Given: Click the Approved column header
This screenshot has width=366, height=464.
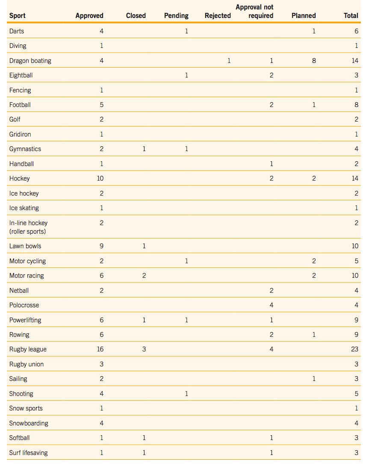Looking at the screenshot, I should [x=89, y=15].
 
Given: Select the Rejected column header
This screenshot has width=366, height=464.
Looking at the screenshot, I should [x=218, y=15].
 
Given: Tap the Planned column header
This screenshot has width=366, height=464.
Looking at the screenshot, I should [x=304, y=15].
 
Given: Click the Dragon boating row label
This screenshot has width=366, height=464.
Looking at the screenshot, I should [x=30, y=61].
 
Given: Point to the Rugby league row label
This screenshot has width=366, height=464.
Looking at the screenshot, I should [x=28, y=349].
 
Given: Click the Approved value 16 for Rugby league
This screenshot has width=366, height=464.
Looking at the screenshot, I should [x=100, y=349].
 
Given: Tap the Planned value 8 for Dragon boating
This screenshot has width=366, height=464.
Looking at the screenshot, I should [x=314, y=61].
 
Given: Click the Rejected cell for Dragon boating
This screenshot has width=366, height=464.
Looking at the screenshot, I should [x=229, y=61].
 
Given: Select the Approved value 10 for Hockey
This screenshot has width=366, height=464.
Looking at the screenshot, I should [x=100, y=178].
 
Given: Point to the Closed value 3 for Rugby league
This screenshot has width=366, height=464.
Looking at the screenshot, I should [x=144, y=349].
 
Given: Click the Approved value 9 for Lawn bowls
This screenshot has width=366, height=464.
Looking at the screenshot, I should [x=101, y=246].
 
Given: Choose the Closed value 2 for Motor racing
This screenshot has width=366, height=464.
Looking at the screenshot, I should [x=144, y=276].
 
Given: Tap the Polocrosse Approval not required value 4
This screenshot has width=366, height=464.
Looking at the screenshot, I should [x=272, y=305].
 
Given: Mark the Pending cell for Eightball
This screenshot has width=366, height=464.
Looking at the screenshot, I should [x=186, y=75].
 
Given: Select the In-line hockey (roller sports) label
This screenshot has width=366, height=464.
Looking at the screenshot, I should [x=28, y=227].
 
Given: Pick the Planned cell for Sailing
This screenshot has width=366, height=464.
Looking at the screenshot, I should [x=314, y=379].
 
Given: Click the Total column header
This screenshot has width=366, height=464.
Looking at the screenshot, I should [x=351, y=15].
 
